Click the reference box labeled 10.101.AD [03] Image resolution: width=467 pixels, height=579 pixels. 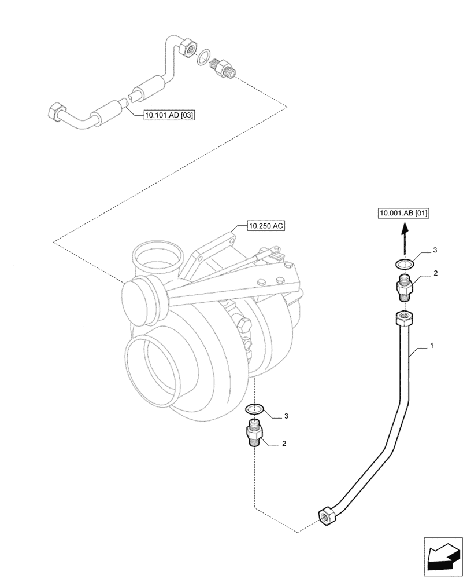(x=170, y=115)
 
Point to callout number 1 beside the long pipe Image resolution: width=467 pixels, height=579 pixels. (x=431, y=346)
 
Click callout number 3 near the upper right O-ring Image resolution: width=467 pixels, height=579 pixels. (x=435, y=251)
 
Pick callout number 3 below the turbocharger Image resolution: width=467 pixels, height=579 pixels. (x=285, y=416)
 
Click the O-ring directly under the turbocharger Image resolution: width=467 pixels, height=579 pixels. (x=254, y=409)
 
